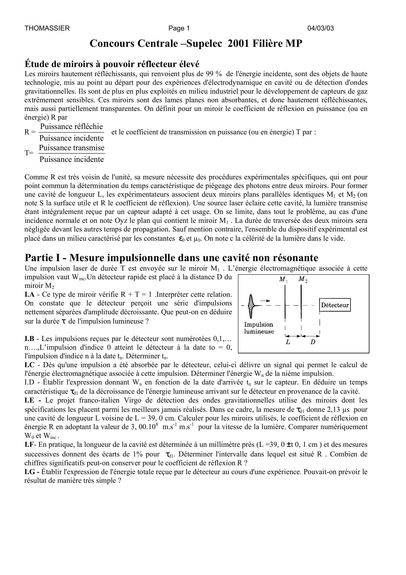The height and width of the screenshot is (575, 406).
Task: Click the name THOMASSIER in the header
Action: pyautogui.click(x=47, y=28)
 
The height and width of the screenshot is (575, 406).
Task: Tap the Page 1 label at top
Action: pyautogui.click(x=179, y=28)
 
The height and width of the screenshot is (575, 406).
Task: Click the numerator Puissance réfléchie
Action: pyautogui.click(x=72, y=126)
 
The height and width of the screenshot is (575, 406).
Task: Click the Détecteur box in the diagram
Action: pyautogui.click(x=335, y=305)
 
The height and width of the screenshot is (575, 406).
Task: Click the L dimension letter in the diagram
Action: pyautogui.click(x=288, y=342)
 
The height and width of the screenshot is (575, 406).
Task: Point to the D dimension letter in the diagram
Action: pyautogui.click(x=313, y=342)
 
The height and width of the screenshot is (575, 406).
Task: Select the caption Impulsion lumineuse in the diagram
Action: pyautogui.click(x=259, y=328)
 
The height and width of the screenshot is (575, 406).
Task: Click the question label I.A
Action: pyautogui.click(x=29, y=295)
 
